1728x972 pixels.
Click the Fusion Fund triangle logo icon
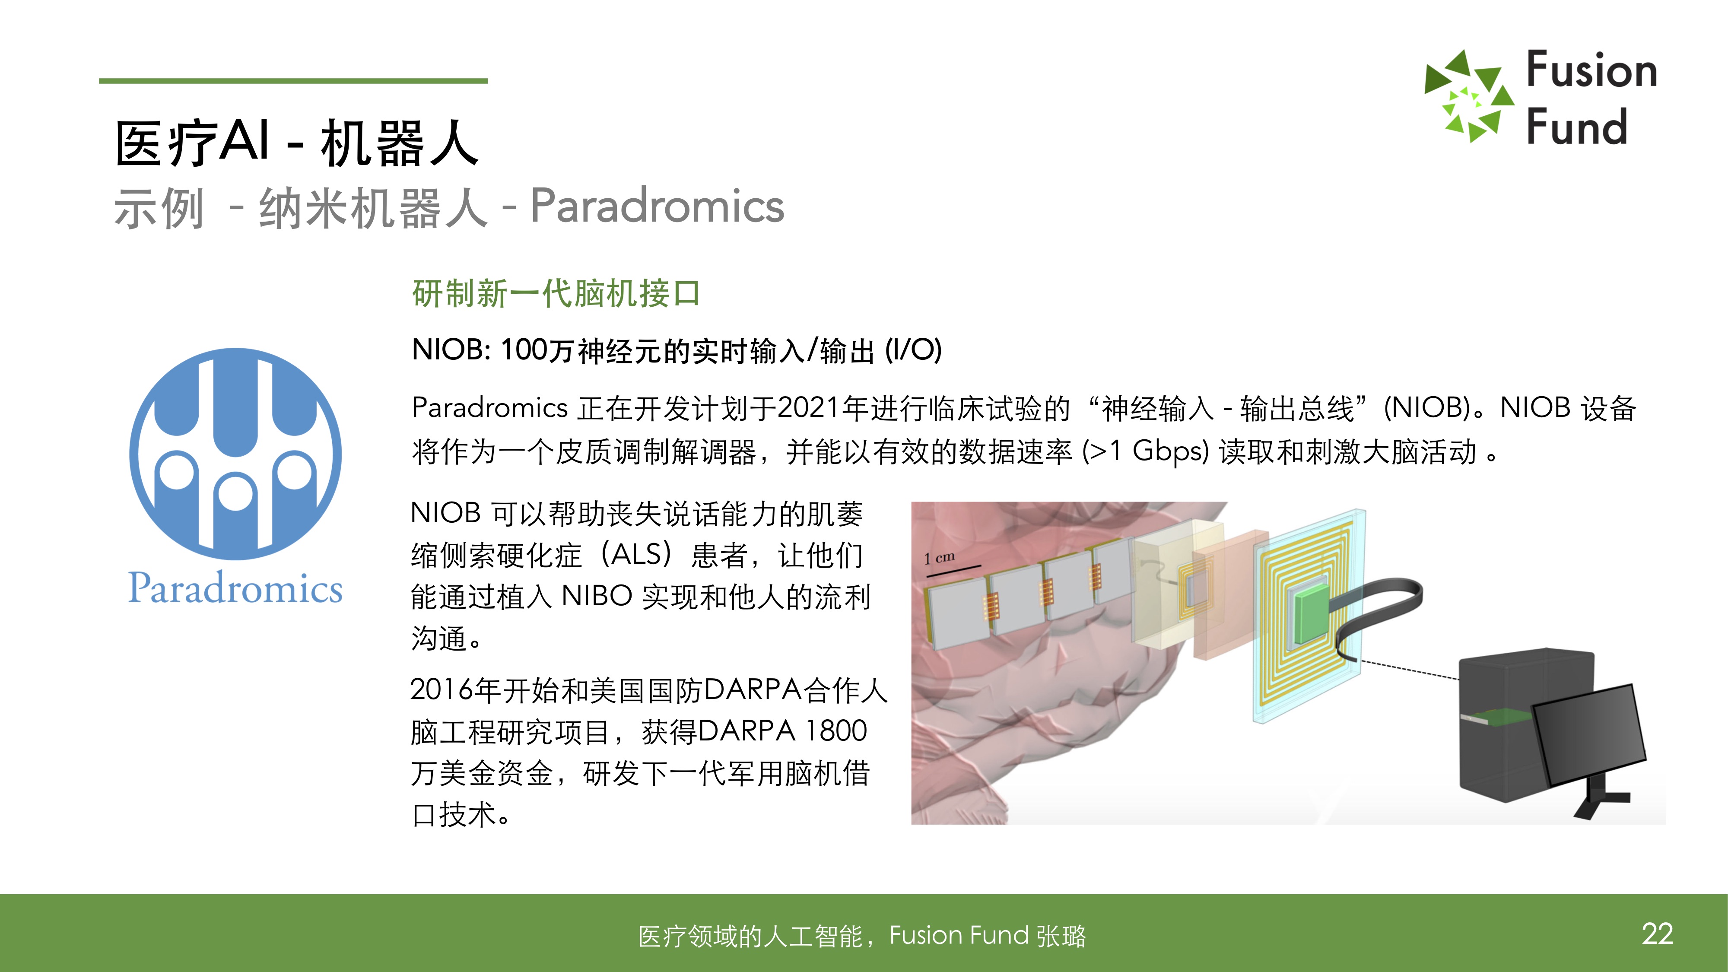(1469, 96)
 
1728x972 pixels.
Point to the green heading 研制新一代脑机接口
(556, 294)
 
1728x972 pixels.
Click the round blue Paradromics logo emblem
(235, 454)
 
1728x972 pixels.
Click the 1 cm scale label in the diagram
(939, 557)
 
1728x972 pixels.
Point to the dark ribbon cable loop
(1375, 614)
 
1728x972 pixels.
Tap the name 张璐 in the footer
(1061, 936)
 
